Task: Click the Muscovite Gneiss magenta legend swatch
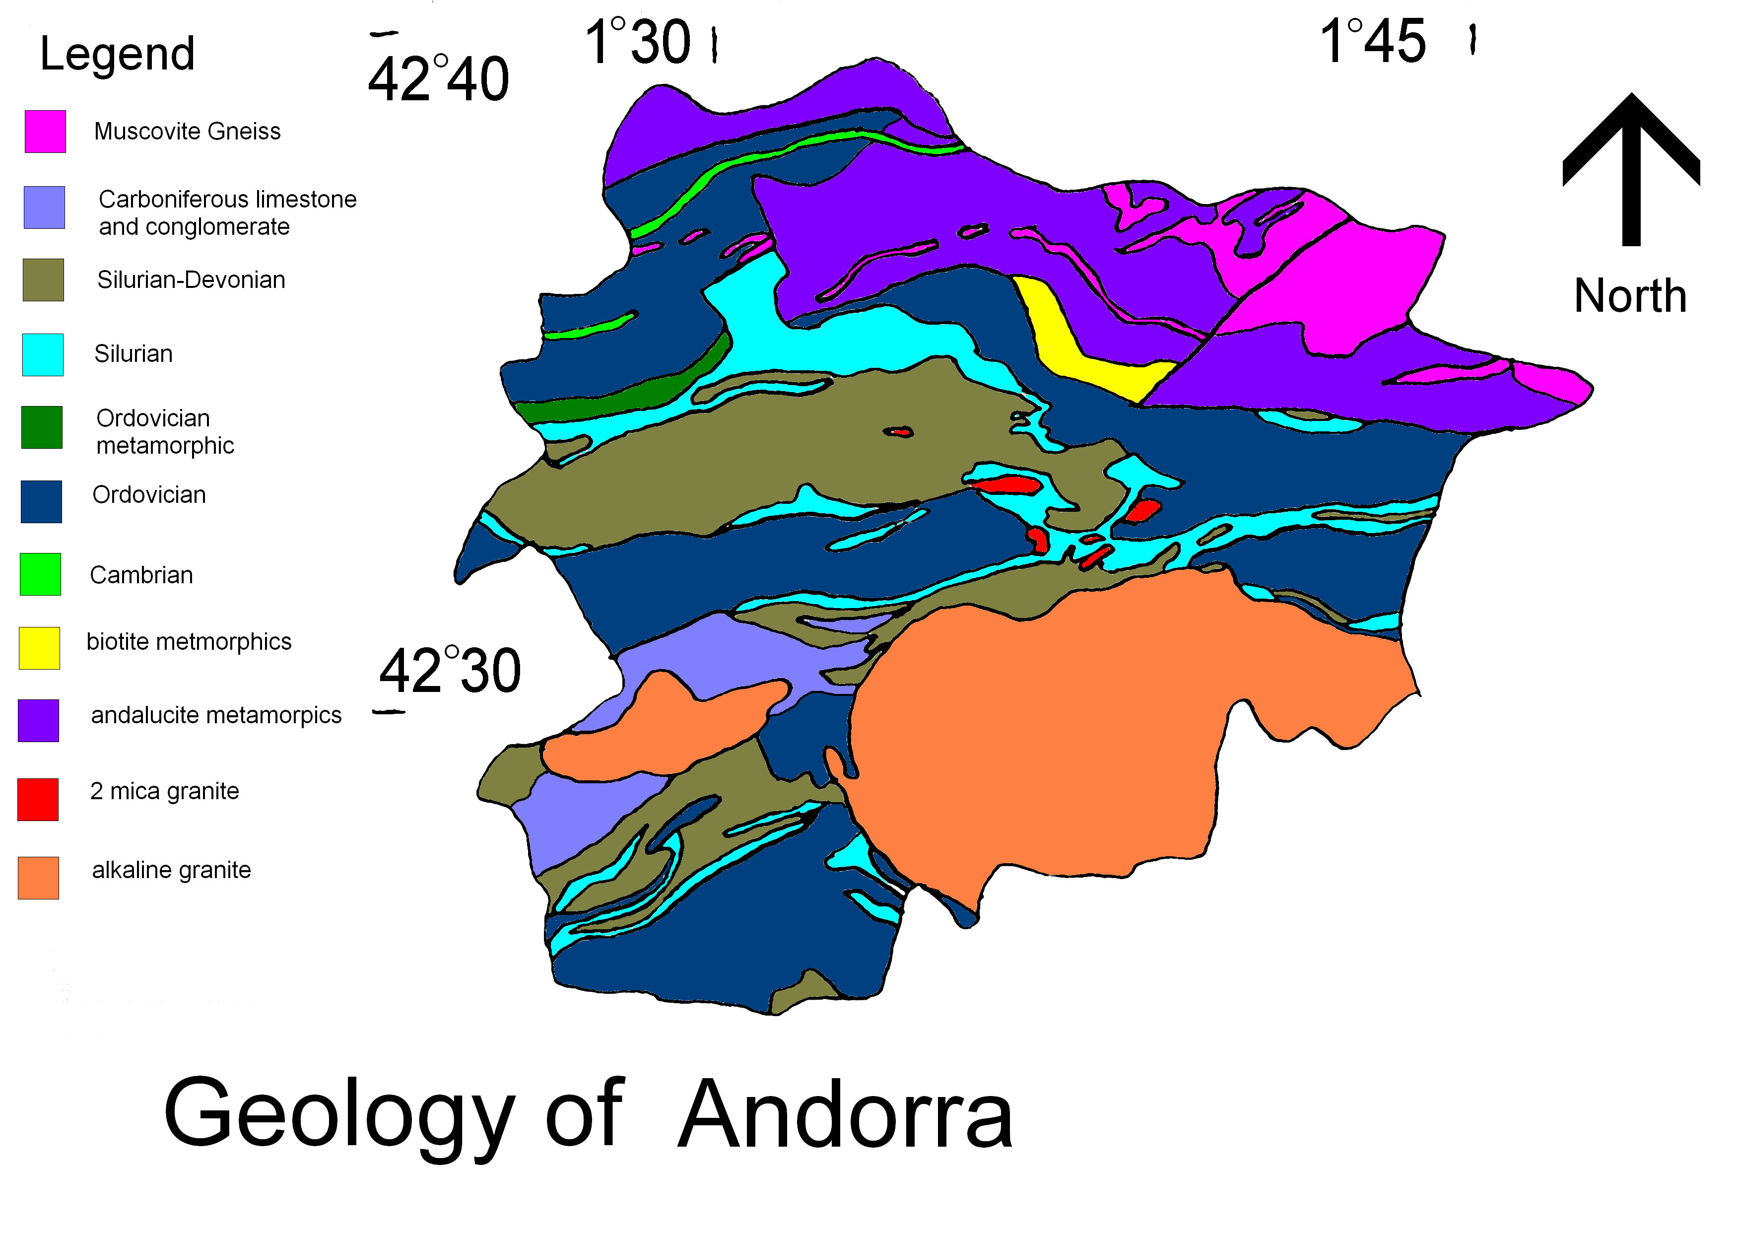(x=45, y=132)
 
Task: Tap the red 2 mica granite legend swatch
(x=38, y=799)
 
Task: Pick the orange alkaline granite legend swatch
(x=38, y=878)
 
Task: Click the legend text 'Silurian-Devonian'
(x=191, y=280)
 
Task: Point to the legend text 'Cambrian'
(x=141, y=575)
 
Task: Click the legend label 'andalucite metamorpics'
(x=216, y=715)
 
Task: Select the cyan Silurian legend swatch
(x=43, y=354)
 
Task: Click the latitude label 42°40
(x=438, y=79)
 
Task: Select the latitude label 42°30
(x=450, y=671)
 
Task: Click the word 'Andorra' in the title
(x=845, y=1115)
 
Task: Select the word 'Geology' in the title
(x=338, y=1115)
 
